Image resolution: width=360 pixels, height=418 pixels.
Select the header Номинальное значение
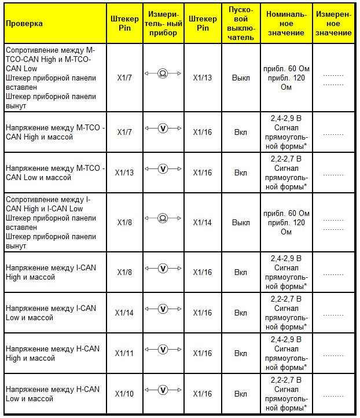click(286, 23)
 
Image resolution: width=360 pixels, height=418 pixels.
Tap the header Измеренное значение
click(333, 23)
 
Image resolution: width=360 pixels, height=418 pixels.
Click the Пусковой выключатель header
click(241, 23)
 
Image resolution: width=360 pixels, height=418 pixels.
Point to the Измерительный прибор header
click(163, 23)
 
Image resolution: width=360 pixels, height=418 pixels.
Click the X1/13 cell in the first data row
click(203, 77)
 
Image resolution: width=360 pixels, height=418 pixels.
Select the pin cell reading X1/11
click(124, 353)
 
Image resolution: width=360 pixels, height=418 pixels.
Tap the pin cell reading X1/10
click(124, 394)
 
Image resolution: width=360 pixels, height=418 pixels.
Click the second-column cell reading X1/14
click(124, 313)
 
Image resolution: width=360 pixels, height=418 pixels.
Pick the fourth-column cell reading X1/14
click(203, 222)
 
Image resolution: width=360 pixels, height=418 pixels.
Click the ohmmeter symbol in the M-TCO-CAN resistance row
click(163, 75)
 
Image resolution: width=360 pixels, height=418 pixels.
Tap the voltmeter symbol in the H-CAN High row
click(163, 350)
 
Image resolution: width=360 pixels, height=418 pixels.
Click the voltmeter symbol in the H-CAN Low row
click(163, 391)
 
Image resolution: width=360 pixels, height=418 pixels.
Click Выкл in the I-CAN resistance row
click(241, 222)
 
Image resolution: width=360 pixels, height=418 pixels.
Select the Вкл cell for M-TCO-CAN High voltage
click(241, 133)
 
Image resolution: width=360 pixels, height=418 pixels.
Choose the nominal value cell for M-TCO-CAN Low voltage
click(286, 173)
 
